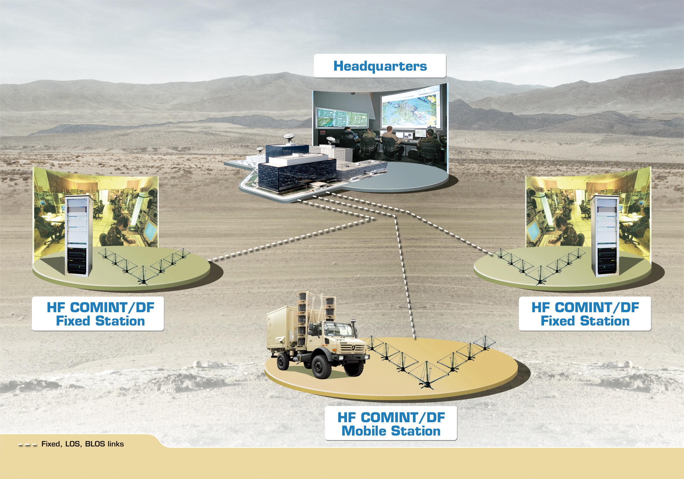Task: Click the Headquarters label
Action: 380,66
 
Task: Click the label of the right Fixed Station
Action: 585,314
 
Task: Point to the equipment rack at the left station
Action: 78,236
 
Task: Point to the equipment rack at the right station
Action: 605,236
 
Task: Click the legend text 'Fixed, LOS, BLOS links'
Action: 83,444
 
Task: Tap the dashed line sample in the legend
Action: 28,445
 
